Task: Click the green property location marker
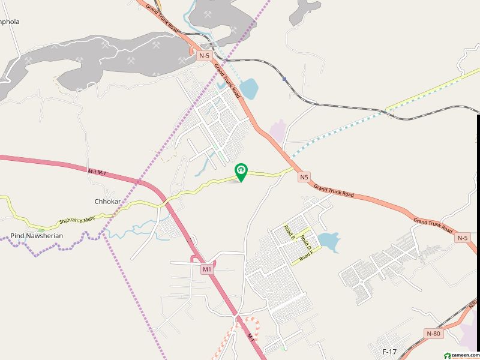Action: (x=241, y=172)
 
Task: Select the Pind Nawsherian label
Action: (x=37, y=236)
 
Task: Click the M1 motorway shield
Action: (x=207, y=269)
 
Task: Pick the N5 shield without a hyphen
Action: (x=304, y=177)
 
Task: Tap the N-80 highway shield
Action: (x=433, y=333)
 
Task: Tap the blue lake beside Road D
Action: (x=328, y=242)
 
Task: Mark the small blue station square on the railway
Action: (x=284, y=79)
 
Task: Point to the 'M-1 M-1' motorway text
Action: (x=97, y=172)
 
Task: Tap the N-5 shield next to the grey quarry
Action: (x=205, y=56)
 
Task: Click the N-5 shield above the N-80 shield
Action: (x=461, y=238)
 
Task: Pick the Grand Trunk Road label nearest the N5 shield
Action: (x=334, y=191)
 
